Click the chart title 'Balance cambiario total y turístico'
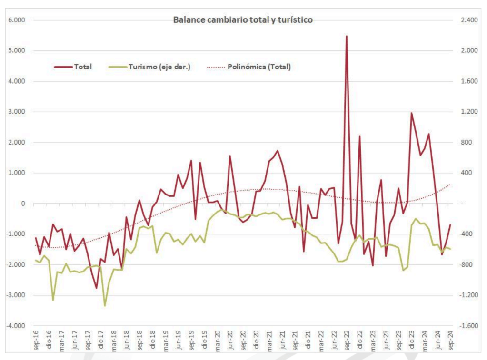(x=243, y=20)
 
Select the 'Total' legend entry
(x=82, y=67)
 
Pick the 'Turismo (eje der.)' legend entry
(x=159, y=67)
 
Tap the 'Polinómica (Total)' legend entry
(x=259, y=67)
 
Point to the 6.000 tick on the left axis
(x=17, y=20)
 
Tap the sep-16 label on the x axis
(x=36, y=341)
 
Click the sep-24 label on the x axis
(x=450, y=341)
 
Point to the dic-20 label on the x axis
(x=256, y=341)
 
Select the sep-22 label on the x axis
(x=347, y=341)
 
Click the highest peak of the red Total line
(x=347, y=36)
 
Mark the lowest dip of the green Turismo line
(x=105, y=306)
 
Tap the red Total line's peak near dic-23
(x=411, y=113)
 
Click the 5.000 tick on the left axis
(x=17, y=51)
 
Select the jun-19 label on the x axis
(x=179, y=341)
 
